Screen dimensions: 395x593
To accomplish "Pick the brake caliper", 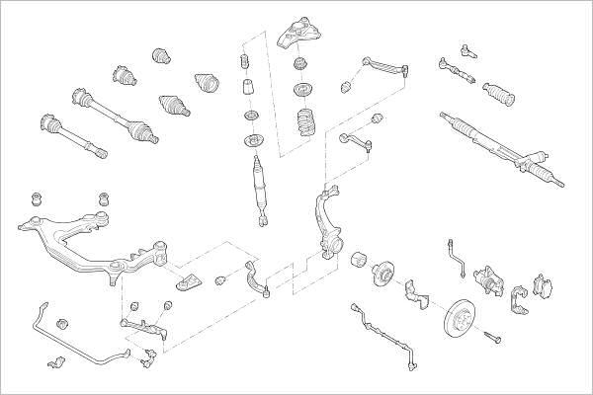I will (490, 281).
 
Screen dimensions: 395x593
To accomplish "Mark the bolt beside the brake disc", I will (494, 341).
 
